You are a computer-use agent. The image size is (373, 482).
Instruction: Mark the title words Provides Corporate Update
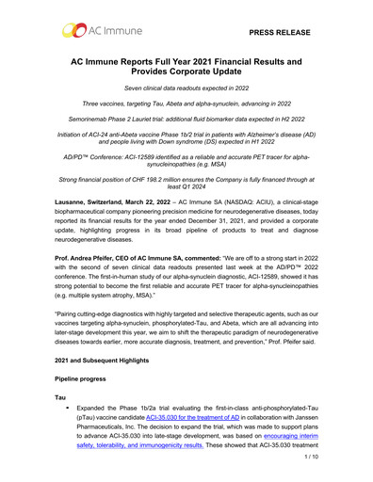[x=186, y=75]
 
